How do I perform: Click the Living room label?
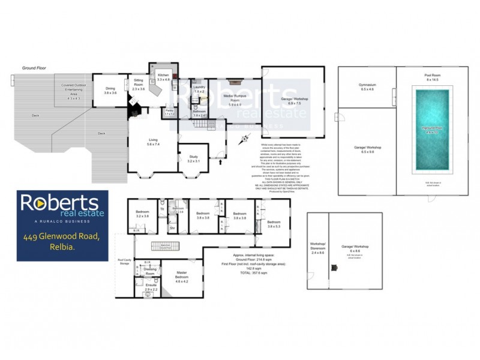click(x=154, y=142)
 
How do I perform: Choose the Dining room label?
click(x=110, y=91)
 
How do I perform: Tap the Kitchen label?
click(x=164, y=77)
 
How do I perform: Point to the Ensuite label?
click(x=151, y=286)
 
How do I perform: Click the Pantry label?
click(x=170, y=111)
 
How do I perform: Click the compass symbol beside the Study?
click(x=243, y=142)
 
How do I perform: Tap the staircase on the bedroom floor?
click(x=166, y=246)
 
